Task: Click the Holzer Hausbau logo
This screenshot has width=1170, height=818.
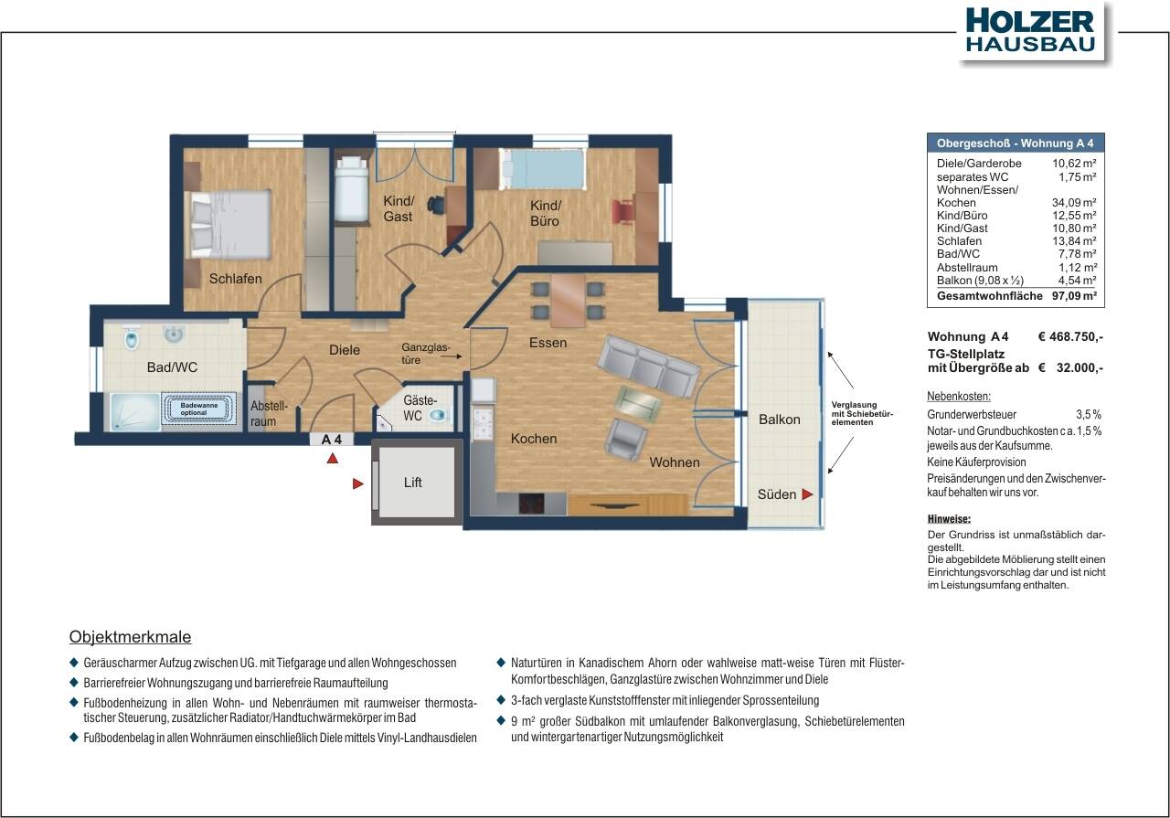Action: click(1029, 31)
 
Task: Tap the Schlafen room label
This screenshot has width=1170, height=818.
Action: click(235, 279)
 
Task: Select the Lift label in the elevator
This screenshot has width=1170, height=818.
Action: click(413, 483)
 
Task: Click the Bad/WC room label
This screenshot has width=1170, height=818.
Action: click(172, 367)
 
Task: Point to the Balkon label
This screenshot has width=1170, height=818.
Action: click(779, 420)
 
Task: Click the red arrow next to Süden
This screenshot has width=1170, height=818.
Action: click(807, 494)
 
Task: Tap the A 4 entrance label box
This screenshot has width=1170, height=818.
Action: click(332, 439)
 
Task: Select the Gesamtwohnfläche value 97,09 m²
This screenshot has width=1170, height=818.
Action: click(1073, 297)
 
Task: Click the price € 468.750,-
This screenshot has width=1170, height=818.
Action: click(1070, 336)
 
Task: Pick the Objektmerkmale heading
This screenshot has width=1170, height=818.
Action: click(130, 637)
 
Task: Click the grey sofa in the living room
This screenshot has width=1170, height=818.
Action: click(648, 365)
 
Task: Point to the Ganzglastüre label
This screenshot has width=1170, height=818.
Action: click(426, 354)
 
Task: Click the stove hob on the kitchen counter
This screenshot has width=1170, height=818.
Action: click(531, 504)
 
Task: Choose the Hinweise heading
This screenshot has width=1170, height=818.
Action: click(948, 519)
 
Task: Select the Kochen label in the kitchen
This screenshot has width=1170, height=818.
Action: click(534, 439)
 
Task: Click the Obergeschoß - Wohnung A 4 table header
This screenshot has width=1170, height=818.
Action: click(1015, 143)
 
